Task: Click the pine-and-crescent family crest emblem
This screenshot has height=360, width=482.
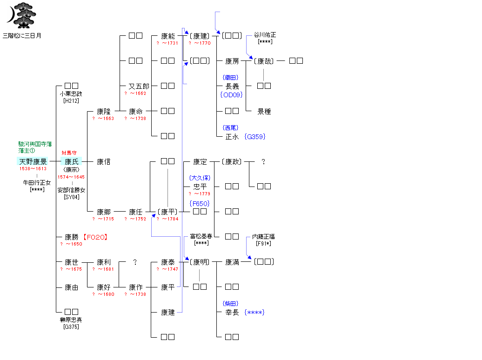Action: coord(21,14)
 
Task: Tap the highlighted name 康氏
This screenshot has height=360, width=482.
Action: coord(71,162)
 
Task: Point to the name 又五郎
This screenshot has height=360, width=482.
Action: coord(139,86)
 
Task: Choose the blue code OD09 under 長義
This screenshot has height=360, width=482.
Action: coord(232,95)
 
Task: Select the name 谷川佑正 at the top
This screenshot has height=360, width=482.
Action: coord(265,35)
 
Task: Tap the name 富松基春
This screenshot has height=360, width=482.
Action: coord(201,237)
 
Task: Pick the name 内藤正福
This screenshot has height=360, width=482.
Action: coord(264,237)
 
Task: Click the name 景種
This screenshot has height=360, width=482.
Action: coord(264,112)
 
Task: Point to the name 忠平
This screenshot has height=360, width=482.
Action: coord(200,187)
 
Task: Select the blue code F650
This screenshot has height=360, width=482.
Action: coord(200,203)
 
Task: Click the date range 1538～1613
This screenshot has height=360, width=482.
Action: coord(33,169)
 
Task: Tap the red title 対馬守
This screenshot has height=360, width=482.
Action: coord(69,153)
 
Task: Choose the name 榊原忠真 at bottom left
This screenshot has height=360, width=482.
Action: coord(71,320)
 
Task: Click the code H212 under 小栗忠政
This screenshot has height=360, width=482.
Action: coord(71,100)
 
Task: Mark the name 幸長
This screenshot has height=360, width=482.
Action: coord(232,313)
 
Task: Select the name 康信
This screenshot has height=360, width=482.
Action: coord(103,162)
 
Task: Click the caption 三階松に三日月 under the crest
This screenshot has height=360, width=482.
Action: coord(22,35)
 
